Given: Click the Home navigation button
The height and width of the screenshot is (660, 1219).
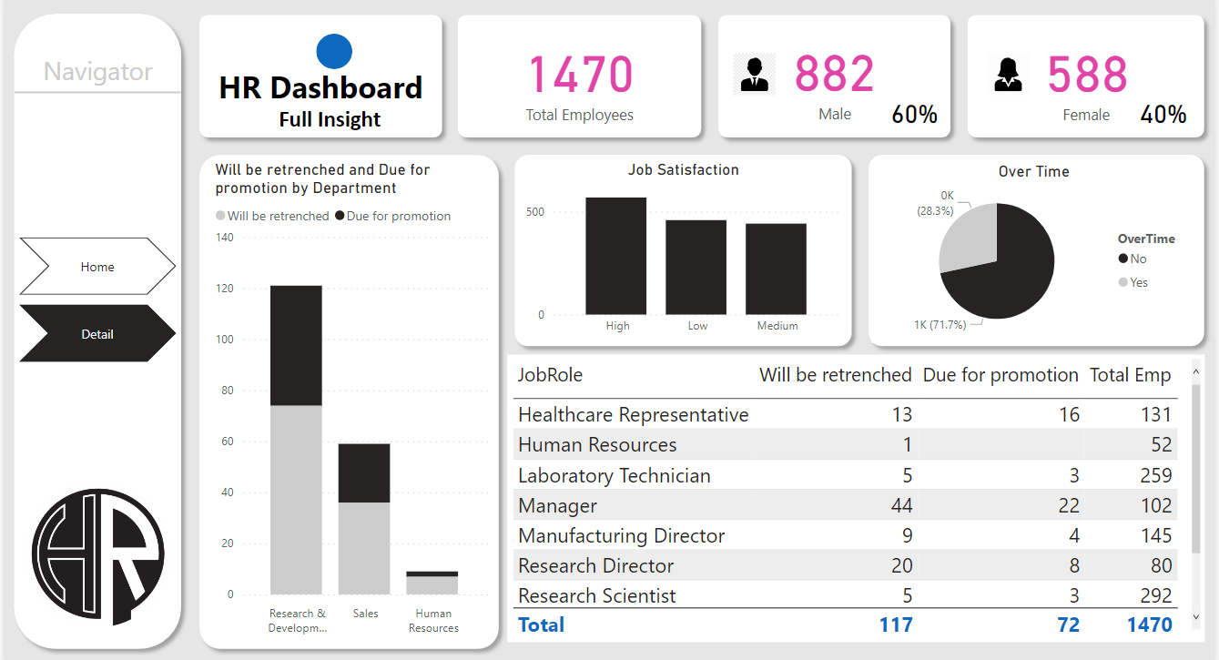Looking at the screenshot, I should [x=97, y=267].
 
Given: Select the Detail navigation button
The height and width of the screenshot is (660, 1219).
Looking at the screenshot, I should [x=97, y=334].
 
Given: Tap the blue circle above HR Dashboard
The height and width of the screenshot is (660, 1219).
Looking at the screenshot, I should [x=334, y=51].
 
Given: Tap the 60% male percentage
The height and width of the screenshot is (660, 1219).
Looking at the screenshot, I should [x=914, y=115].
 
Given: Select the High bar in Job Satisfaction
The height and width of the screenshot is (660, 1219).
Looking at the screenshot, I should [x=616, y=256].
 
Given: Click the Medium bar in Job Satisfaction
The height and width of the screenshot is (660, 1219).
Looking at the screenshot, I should [x=777, y=269].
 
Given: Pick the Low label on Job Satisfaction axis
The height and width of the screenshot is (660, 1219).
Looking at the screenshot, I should [x=697, y=326].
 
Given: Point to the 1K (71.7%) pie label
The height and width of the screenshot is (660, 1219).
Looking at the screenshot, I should [x=940, y=324].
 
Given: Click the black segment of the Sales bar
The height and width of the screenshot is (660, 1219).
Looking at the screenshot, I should [x=364, y=472].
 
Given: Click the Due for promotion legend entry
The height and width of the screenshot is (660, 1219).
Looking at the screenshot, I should [x=392, y=216].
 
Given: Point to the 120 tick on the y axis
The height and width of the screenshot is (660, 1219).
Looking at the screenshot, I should [x=224, y=289].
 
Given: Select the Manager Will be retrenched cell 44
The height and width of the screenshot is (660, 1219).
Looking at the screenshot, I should [x=900, y=505].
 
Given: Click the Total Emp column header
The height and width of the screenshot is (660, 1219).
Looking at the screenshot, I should [x=1131, y=375].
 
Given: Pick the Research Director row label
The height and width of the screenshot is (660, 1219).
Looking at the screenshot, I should [x=595, y=565].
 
